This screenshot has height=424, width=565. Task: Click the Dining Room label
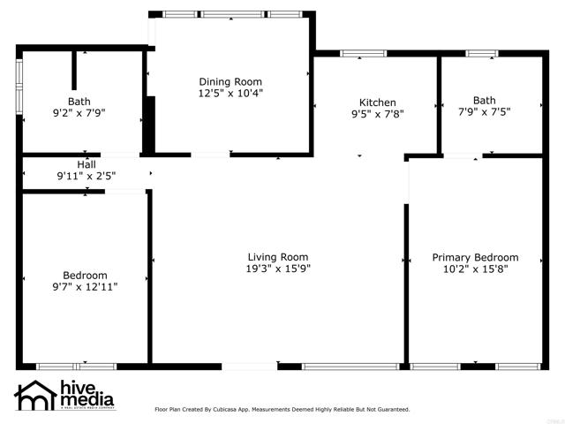tap(230, 81)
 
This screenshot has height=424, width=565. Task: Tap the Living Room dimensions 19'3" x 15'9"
tap(278, 269)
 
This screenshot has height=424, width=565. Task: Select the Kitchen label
tap(377, 102)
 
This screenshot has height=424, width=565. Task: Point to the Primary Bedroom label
tap(475, 258)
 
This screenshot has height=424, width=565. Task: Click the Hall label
tap(87, 164)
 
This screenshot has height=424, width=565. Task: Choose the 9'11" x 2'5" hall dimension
tap(87, 176)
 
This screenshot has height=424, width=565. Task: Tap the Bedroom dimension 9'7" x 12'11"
tap(85, 286)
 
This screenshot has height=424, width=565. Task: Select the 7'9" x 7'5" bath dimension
tap(484, 111)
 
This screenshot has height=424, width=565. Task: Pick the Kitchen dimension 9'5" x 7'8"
tap(377, 114)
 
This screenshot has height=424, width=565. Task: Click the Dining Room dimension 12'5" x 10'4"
tap(230, 92)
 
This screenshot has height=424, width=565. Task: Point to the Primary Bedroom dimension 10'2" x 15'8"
tap(475, 269)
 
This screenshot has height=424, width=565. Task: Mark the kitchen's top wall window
tap(363, 54)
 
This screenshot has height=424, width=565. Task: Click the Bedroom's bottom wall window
tap(76, 366)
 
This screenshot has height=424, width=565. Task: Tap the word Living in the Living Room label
tap(262, 257)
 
